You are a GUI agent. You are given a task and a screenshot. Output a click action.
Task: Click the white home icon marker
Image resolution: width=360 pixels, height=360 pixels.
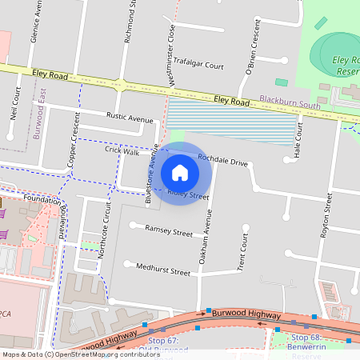180,173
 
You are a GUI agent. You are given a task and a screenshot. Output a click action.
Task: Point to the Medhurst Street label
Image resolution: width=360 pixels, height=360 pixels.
163,271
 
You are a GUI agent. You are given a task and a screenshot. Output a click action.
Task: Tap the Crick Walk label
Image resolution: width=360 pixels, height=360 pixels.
122,150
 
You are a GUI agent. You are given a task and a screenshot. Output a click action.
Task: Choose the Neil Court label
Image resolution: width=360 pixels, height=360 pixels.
15,102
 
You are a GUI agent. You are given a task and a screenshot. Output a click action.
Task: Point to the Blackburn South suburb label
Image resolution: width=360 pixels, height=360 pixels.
289,105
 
